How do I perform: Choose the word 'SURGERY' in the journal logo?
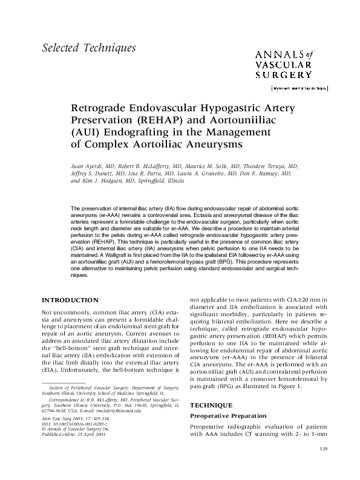[x=284, y=75]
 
